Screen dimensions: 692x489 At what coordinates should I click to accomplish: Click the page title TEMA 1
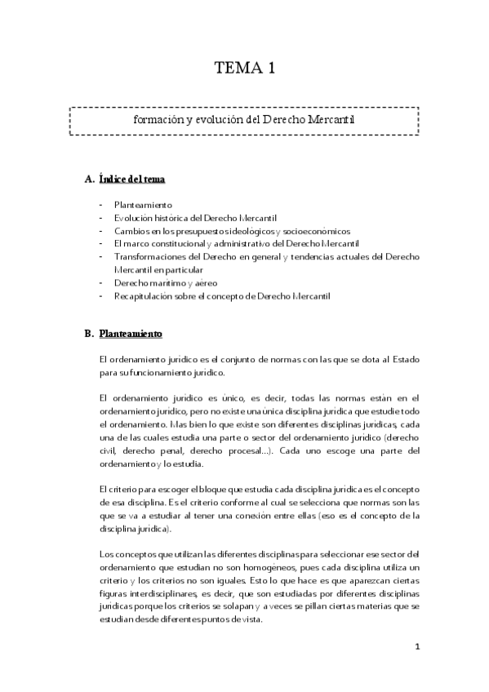244,68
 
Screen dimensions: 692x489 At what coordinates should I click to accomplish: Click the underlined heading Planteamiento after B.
131,334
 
